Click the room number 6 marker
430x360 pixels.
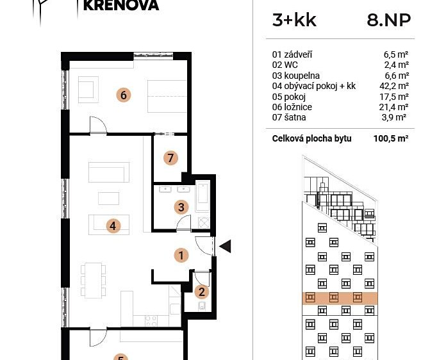pos(124,95)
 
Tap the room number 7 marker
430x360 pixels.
pos(170,158)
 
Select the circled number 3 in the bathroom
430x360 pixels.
pos(181,208)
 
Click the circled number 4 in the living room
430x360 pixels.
pos(113,226)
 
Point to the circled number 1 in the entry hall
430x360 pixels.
pos(181,256)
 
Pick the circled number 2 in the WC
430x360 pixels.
pos(202,291)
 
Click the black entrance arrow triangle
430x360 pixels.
pos(225,246)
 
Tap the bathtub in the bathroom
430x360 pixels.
pos(203,196)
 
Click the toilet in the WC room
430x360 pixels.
pos(202,306)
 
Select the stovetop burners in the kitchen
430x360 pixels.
pos(151,320)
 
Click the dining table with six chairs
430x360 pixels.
pos(93,281)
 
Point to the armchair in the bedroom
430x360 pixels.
pos(88,90)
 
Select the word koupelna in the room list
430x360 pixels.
pos(302,76)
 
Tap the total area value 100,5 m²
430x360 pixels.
pos(391,138)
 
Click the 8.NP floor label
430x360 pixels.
pos(389,20)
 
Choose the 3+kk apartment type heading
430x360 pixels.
pos(294,20)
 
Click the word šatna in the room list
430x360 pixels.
pos(295,117)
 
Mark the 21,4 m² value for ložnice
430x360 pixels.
pos(394,107)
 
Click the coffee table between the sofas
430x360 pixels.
pos(108,199)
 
